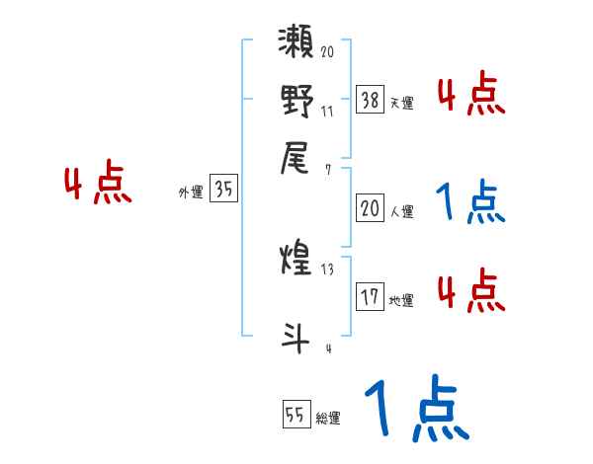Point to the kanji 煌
(297, 263)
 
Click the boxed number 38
(370, 98)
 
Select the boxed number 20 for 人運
(370, 208)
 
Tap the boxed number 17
(370, 296)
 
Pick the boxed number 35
(223, 190)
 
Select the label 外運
(190, 193)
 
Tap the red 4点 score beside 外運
(97, 186)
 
